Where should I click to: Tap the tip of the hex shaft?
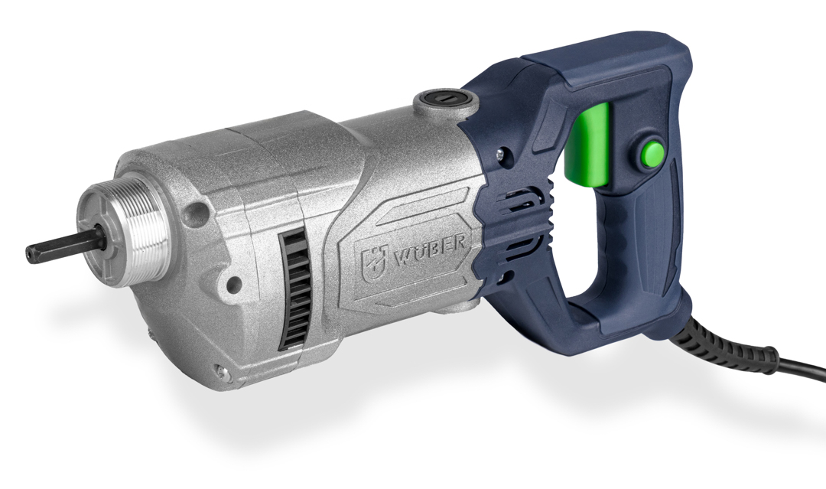28,253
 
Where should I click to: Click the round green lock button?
652,153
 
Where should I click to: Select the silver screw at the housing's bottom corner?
224,373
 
